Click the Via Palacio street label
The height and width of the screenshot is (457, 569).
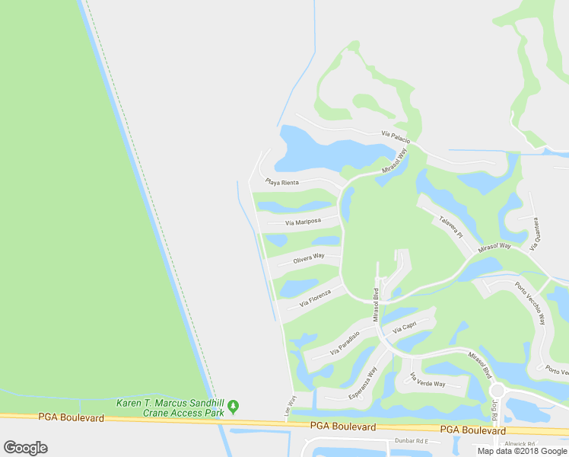[396, 137]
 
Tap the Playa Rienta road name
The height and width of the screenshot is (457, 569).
[281, 182]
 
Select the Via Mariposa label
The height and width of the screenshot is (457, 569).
[303, 222]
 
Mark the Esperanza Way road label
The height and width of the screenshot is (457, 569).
[363, 384]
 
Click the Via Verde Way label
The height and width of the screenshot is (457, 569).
[427, 380]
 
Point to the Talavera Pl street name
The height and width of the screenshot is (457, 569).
[450, 227]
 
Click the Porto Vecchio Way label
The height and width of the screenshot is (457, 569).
[530, 303]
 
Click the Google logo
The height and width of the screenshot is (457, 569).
[25, 448]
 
